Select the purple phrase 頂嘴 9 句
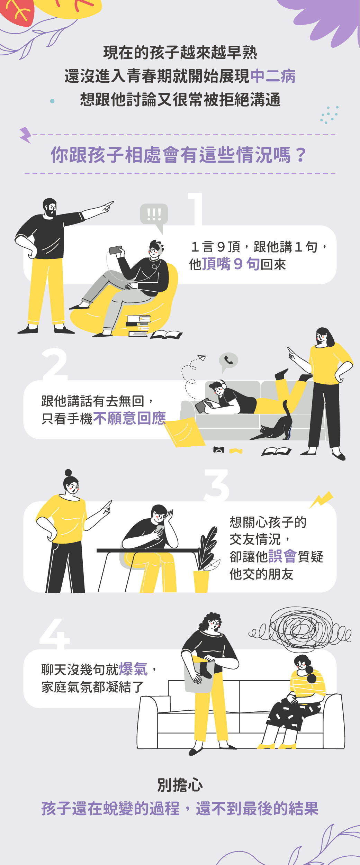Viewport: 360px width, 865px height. (231, 264)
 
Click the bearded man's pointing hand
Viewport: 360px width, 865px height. (107, 207)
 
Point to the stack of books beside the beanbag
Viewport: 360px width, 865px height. (138, 326)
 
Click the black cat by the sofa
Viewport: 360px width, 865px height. (273, 424)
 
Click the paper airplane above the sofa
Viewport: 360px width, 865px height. (202, 358)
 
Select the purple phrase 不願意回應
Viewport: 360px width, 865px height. (129, 418)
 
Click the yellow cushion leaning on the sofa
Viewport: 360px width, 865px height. (184, 432)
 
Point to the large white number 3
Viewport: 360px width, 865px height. (217, 485)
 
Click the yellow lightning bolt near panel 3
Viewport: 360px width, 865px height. (321, 500)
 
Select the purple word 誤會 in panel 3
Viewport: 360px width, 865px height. (282, 556)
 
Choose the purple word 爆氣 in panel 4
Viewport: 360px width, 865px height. (133, 669)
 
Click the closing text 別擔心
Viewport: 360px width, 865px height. (180, 785)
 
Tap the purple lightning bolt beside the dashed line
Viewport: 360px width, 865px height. (25, 135)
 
